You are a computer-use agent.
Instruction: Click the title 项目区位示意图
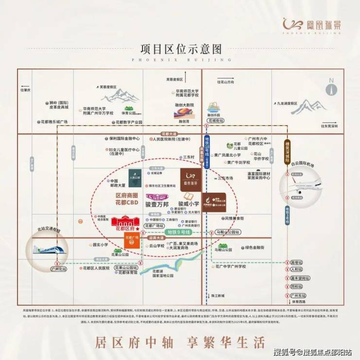coord(180,49)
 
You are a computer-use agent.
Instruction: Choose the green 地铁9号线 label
coord(180,233)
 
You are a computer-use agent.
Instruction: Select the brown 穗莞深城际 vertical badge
coord(288,148)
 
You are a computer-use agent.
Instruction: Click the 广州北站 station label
coord(58,269)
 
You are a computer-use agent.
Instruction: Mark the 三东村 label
coord(188,158)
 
